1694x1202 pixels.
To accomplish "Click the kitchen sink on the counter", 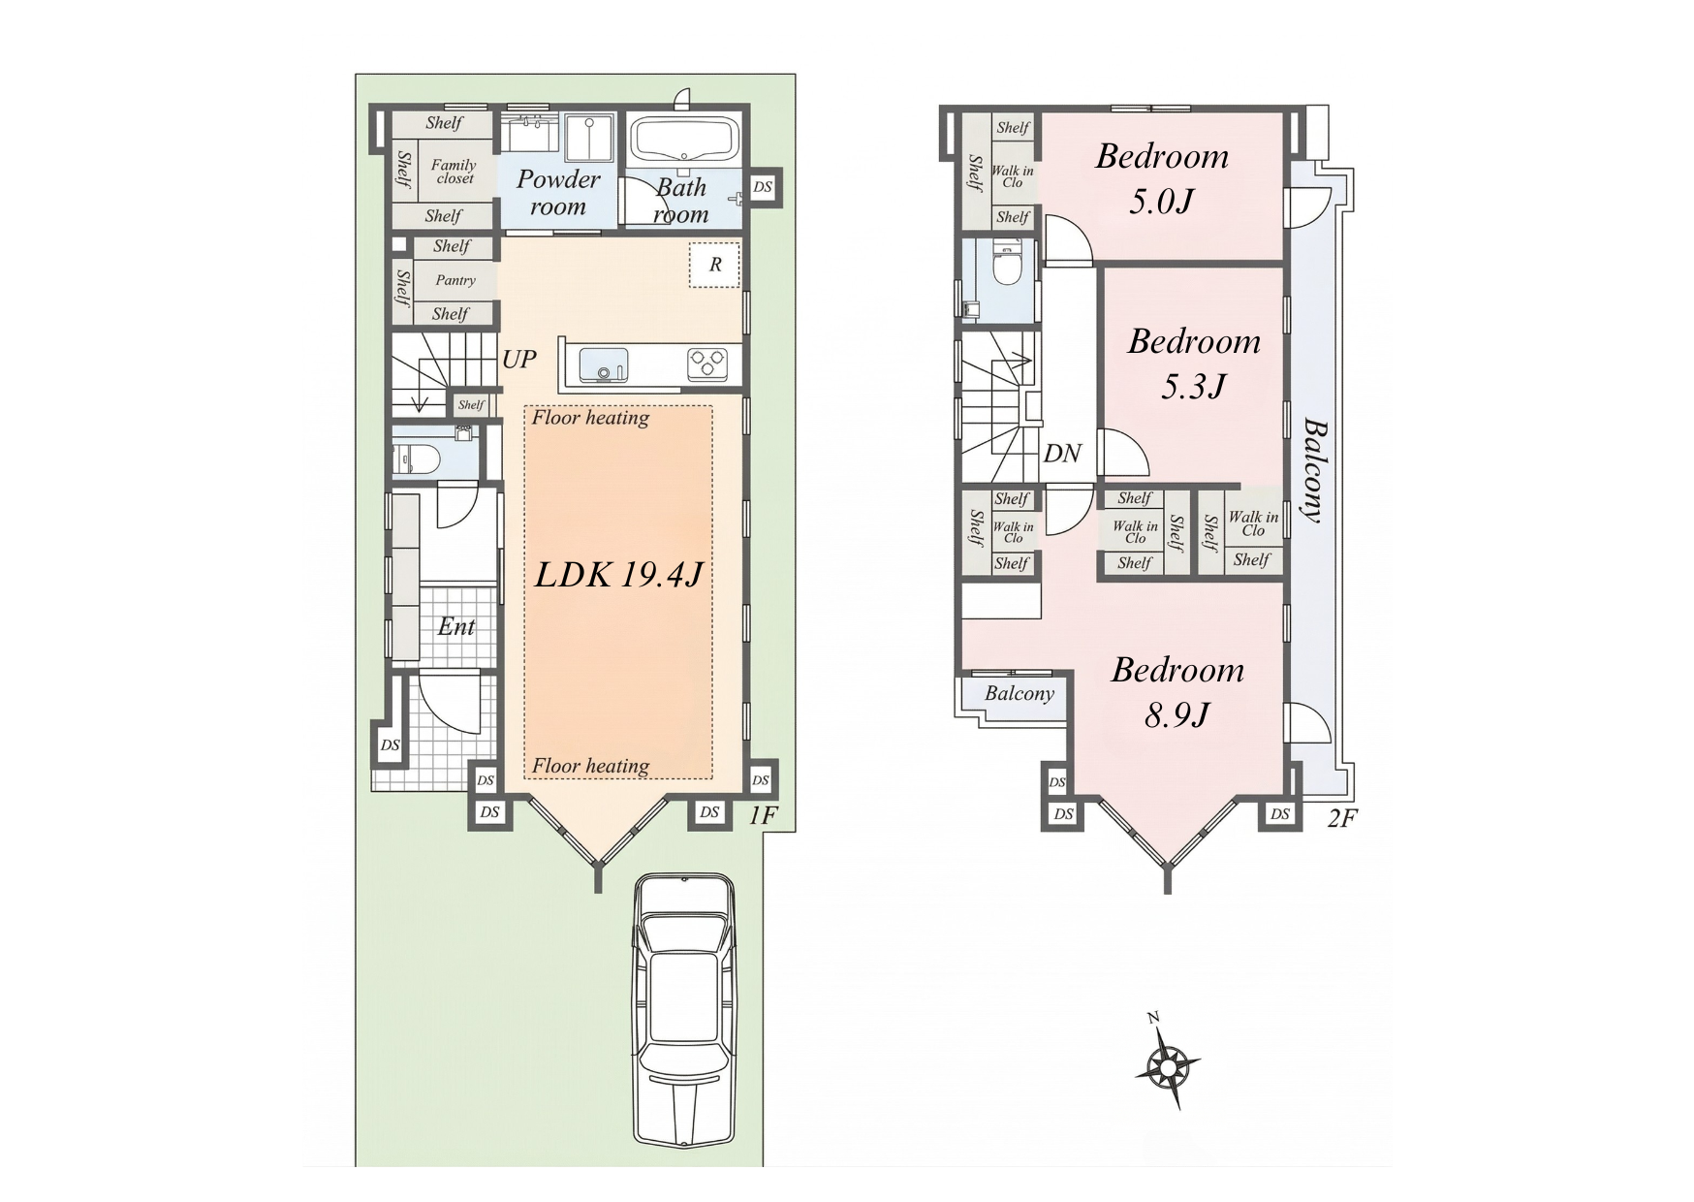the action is click(x=603, y=366).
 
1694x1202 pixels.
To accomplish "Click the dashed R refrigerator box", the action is click(x=715, y=265).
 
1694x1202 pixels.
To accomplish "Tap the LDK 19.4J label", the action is click(x=618, y=575).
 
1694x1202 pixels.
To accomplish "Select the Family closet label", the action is click(x=454, y=172).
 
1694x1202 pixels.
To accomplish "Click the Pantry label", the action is click(x=455, y=280).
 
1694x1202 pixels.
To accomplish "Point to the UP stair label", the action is click(x=518, y=360).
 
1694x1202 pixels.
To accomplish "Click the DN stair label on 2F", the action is click(x=1062, y=454).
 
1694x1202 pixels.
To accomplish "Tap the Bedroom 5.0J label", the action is click(x=1162, y=178).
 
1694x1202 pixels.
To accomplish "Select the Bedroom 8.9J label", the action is click(x=1177, y=692).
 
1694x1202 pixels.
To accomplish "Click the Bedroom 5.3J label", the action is click(x=1194, y=364).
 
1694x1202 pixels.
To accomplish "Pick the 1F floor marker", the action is click(x=764, y=816).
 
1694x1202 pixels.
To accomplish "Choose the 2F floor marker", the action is click(x=1342, y=818).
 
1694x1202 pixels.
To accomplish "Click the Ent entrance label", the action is click(x=455, y=627).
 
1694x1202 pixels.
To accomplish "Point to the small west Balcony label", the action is click(x=1020, y=694).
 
